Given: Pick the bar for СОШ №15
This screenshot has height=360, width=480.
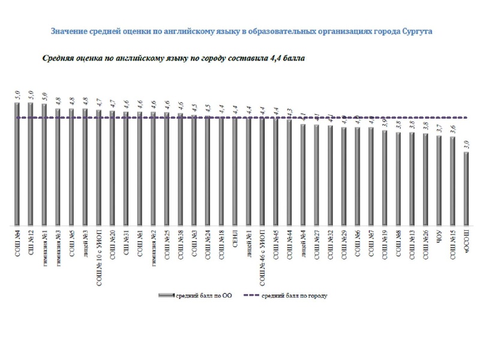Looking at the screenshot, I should point(452,181).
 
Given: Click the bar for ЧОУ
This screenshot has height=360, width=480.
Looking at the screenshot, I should point(439,180).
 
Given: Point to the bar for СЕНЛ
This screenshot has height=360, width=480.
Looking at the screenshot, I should point(234,170).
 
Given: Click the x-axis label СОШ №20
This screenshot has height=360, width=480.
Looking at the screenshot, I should point(112,242).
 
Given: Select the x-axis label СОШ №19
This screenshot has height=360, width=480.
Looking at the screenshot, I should point(385,242).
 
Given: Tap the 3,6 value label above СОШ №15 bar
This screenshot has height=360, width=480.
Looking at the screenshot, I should point(452,128).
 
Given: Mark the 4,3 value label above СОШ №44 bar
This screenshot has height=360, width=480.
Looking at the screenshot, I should point(289,112).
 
